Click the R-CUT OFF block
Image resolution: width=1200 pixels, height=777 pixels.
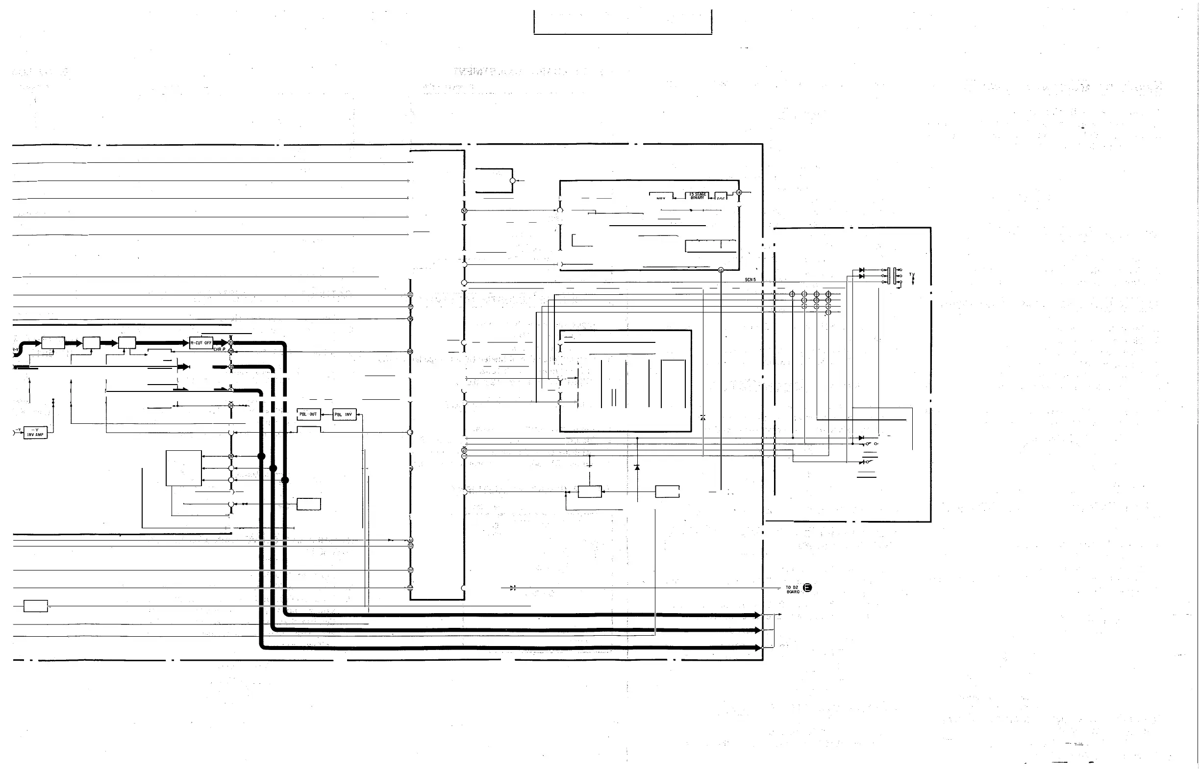click(200, 343)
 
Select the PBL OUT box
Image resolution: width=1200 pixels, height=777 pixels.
click(308, 414)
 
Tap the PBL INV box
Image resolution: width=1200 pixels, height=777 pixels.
click(345, 414)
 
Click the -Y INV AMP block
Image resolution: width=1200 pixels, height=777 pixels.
click(35, 432)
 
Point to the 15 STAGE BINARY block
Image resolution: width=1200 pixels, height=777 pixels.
click(698, 196)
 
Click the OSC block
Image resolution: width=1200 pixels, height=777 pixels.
click(721, 197)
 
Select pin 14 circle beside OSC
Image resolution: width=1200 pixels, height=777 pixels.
click(739, 192)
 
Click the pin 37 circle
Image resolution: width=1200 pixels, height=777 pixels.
click(464, 210)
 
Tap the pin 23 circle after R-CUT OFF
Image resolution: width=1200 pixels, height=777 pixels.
click(231, 342)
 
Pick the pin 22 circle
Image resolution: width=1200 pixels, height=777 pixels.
click(231, 367)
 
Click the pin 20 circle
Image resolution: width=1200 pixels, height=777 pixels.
click(231, 456)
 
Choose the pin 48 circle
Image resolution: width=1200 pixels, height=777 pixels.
click(410, 351)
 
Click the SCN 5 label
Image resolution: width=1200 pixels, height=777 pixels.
click(750, 280)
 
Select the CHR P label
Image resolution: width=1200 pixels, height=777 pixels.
click(219, 349)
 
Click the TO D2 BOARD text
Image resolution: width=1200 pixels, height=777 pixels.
click(793, 589)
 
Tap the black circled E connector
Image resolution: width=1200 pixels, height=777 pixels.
click(807, 587)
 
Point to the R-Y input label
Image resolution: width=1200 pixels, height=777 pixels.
click(15, 349)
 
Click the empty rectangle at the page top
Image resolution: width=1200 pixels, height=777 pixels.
click(623, 22)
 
